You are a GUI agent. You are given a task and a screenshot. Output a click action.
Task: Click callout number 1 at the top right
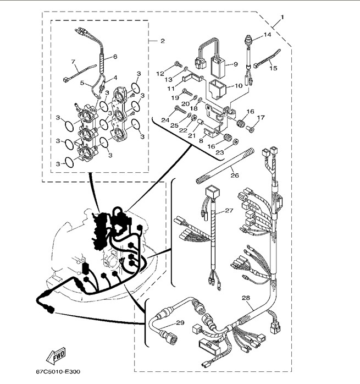[283, 17]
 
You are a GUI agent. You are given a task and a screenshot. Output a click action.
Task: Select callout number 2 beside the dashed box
[163, 41]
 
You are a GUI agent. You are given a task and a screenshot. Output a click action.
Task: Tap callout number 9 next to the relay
[235, 64]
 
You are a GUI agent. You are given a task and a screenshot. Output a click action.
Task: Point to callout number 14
[267, 35]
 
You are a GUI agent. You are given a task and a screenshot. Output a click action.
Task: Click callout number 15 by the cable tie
[273, 68]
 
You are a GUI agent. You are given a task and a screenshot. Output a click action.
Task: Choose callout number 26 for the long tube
[234, 176]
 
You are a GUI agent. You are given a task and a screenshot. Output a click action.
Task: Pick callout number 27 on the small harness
[229, 211]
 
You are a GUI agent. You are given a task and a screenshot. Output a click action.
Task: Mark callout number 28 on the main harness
[245, 298]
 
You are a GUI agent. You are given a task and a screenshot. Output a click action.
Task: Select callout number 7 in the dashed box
[73, 61]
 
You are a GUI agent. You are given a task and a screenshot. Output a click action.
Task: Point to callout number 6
[115, 57]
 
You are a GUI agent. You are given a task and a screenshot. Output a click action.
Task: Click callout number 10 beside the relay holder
[239, 86]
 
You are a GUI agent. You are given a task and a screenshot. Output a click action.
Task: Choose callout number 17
[261, 117]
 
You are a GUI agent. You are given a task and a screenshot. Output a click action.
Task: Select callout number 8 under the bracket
[201, 141]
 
